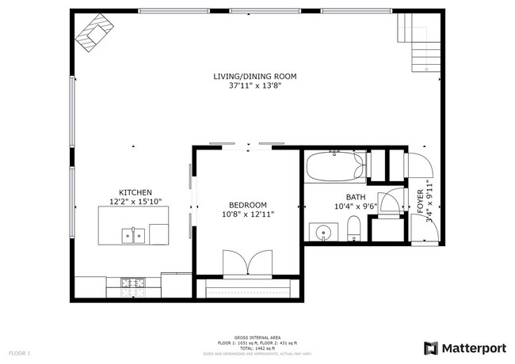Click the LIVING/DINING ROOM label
[x=254, y=76]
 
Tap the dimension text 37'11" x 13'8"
[x=254, y=85]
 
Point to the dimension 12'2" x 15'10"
[x=135, y=202]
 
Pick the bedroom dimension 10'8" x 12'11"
[x=247, y=213]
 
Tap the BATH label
[x=355, y=197]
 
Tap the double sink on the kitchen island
[x=133, y=235]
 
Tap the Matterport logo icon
[x=432, y=348]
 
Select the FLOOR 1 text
[x=19, y=352]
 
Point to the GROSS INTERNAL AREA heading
[x=257, y=336]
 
